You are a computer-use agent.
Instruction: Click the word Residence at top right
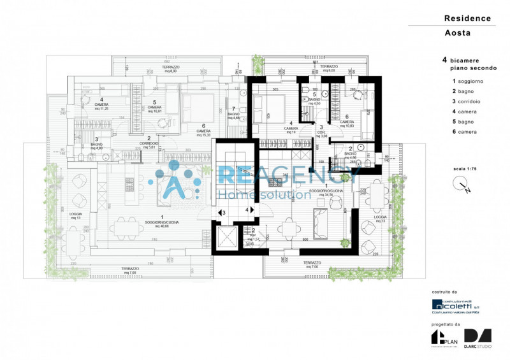click(467, 18)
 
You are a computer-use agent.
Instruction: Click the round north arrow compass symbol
click(462, 185)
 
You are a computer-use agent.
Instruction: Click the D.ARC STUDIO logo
click(478, 338)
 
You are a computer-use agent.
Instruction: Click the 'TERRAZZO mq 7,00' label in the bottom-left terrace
click(131, 271)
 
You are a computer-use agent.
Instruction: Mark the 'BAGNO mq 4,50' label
click(314, 101)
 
